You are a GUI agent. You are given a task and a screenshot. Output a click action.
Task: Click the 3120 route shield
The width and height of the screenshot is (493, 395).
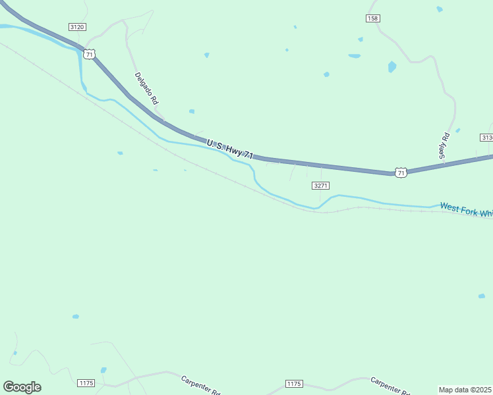click(x=76, y=26)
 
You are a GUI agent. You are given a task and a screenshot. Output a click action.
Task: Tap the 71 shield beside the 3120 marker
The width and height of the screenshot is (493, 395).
click(x=89, y=53)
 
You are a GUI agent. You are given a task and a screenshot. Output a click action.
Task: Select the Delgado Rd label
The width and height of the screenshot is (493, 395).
click(x=146, y=88)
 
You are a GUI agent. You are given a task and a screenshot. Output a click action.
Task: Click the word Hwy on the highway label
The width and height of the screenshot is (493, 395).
click(x=234, y=150)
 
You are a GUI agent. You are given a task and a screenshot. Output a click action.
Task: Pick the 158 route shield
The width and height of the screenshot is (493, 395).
click(x=373, y=18)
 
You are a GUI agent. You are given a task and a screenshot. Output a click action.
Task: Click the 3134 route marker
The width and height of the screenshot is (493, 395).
click(x=487, y=137)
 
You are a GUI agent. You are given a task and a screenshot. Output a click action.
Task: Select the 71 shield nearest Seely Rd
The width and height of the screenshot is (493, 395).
click(x=401, y=172)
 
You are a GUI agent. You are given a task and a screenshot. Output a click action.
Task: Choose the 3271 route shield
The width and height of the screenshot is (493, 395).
click(x=320, y=186)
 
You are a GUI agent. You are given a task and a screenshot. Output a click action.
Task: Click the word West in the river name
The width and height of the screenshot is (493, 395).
click(x=449, y=207)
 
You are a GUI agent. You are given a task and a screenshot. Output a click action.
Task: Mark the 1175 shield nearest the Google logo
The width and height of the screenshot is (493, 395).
click(x=86, y=383)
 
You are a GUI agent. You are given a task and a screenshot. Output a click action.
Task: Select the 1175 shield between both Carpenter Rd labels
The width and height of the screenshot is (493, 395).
click(x=294, y=383)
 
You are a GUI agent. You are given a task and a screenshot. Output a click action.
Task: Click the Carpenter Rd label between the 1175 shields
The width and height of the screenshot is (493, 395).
click(x=200, y=384)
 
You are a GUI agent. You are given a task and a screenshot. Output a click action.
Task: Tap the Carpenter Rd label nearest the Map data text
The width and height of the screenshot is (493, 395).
click(x=390, y=386)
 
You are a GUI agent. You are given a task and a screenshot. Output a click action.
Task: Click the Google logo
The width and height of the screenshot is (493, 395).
click(x=22, y=387)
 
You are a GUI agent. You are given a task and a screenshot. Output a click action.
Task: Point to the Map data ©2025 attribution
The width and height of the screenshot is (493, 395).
click(x=465, y=390)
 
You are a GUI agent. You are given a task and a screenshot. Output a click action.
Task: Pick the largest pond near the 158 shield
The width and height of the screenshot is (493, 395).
click(x=392, y=66)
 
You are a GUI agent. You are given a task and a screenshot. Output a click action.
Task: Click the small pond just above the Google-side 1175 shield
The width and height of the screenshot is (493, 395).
click(x=103, y=370)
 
